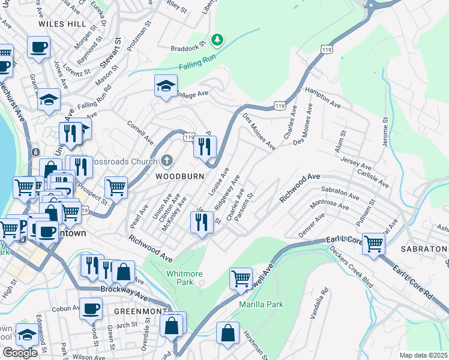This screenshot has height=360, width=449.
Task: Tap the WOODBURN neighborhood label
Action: coord(180,176)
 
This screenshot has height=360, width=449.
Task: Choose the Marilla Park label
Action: coord(261,304)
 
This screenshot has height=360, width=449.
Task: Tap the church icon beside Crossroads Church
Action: coord(167,161)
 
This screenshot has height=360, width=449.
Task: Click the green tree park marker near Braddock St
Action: coord(217,40)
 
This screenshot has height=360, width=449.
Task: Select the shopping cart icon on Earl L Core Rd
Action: coord(373,244)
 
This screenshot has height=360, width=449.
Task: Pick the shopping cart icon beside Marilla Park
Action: coord(241,278)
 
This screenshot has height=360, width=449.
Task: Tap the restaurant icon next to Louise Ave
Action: coord(204,146)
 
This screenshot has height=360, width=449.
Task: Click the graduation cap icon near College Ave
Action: coord(165,86)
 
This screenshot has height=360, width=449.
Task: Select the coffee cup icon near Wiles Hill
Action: coord(38,47)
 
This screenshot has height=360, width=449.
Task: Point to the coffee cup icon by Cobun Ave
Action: coord(91,308)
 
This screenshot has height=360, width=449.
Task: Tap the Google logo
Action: coord(20,353)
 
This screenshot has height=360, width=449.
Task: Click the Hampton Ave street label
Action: coord(322,97)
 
